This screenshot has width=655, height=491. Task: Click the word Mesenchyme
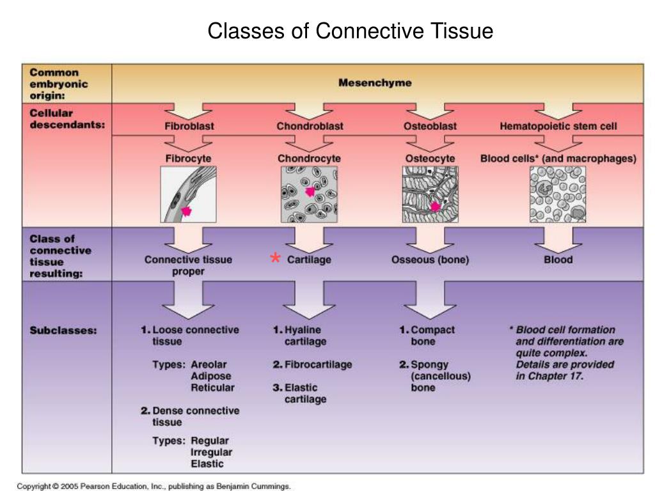(x=375, y=82)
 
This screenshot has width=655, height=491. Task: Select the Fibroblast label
(x=189, y=126)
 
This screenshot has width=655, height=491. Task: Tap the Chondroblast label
(x=310, y=126)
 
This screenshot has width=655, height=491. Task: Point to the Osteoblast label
(x=430, y=126)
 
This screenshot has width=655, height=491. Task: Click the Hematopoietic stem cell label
(x=558, y=126)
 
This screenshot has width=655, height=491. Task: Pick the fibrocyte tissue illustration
(x=189, y=194)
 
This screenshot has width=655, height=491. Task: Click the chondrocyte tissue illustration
(x=309, y=194)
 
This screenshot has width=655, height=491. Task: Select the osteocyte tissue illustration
(x=430, y=194)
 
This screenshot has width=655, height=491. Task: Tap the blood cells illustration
(x=558, y=194)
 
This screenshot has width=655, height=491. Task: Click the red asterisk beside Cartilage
(x=275, y=258)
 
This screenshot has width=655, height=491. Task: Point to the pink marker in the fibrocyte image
(x=186, y=211)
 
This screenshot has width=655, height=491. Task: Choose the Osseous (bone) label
(x=430, y=260)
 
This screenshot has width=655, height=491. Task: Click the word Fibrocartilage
(x=319, y=364)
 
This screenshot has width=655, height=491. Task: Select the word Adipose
(x=211, y=376)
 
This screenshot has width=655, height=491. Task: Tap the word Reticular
(x=212, y=388)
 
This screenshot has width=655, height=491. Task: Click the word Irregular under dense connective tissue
(x=211, y=452)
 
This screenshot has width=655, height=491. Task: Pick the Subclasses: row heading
(x=63, y=331)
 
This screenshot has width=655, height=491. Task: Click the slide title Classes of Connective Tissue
(x=350, y=31)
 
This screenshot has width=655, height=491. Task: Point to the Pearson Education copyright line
(x=154, y=487)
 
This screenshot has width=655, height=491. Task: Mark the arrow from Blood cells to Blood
(x=558, y=240)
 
